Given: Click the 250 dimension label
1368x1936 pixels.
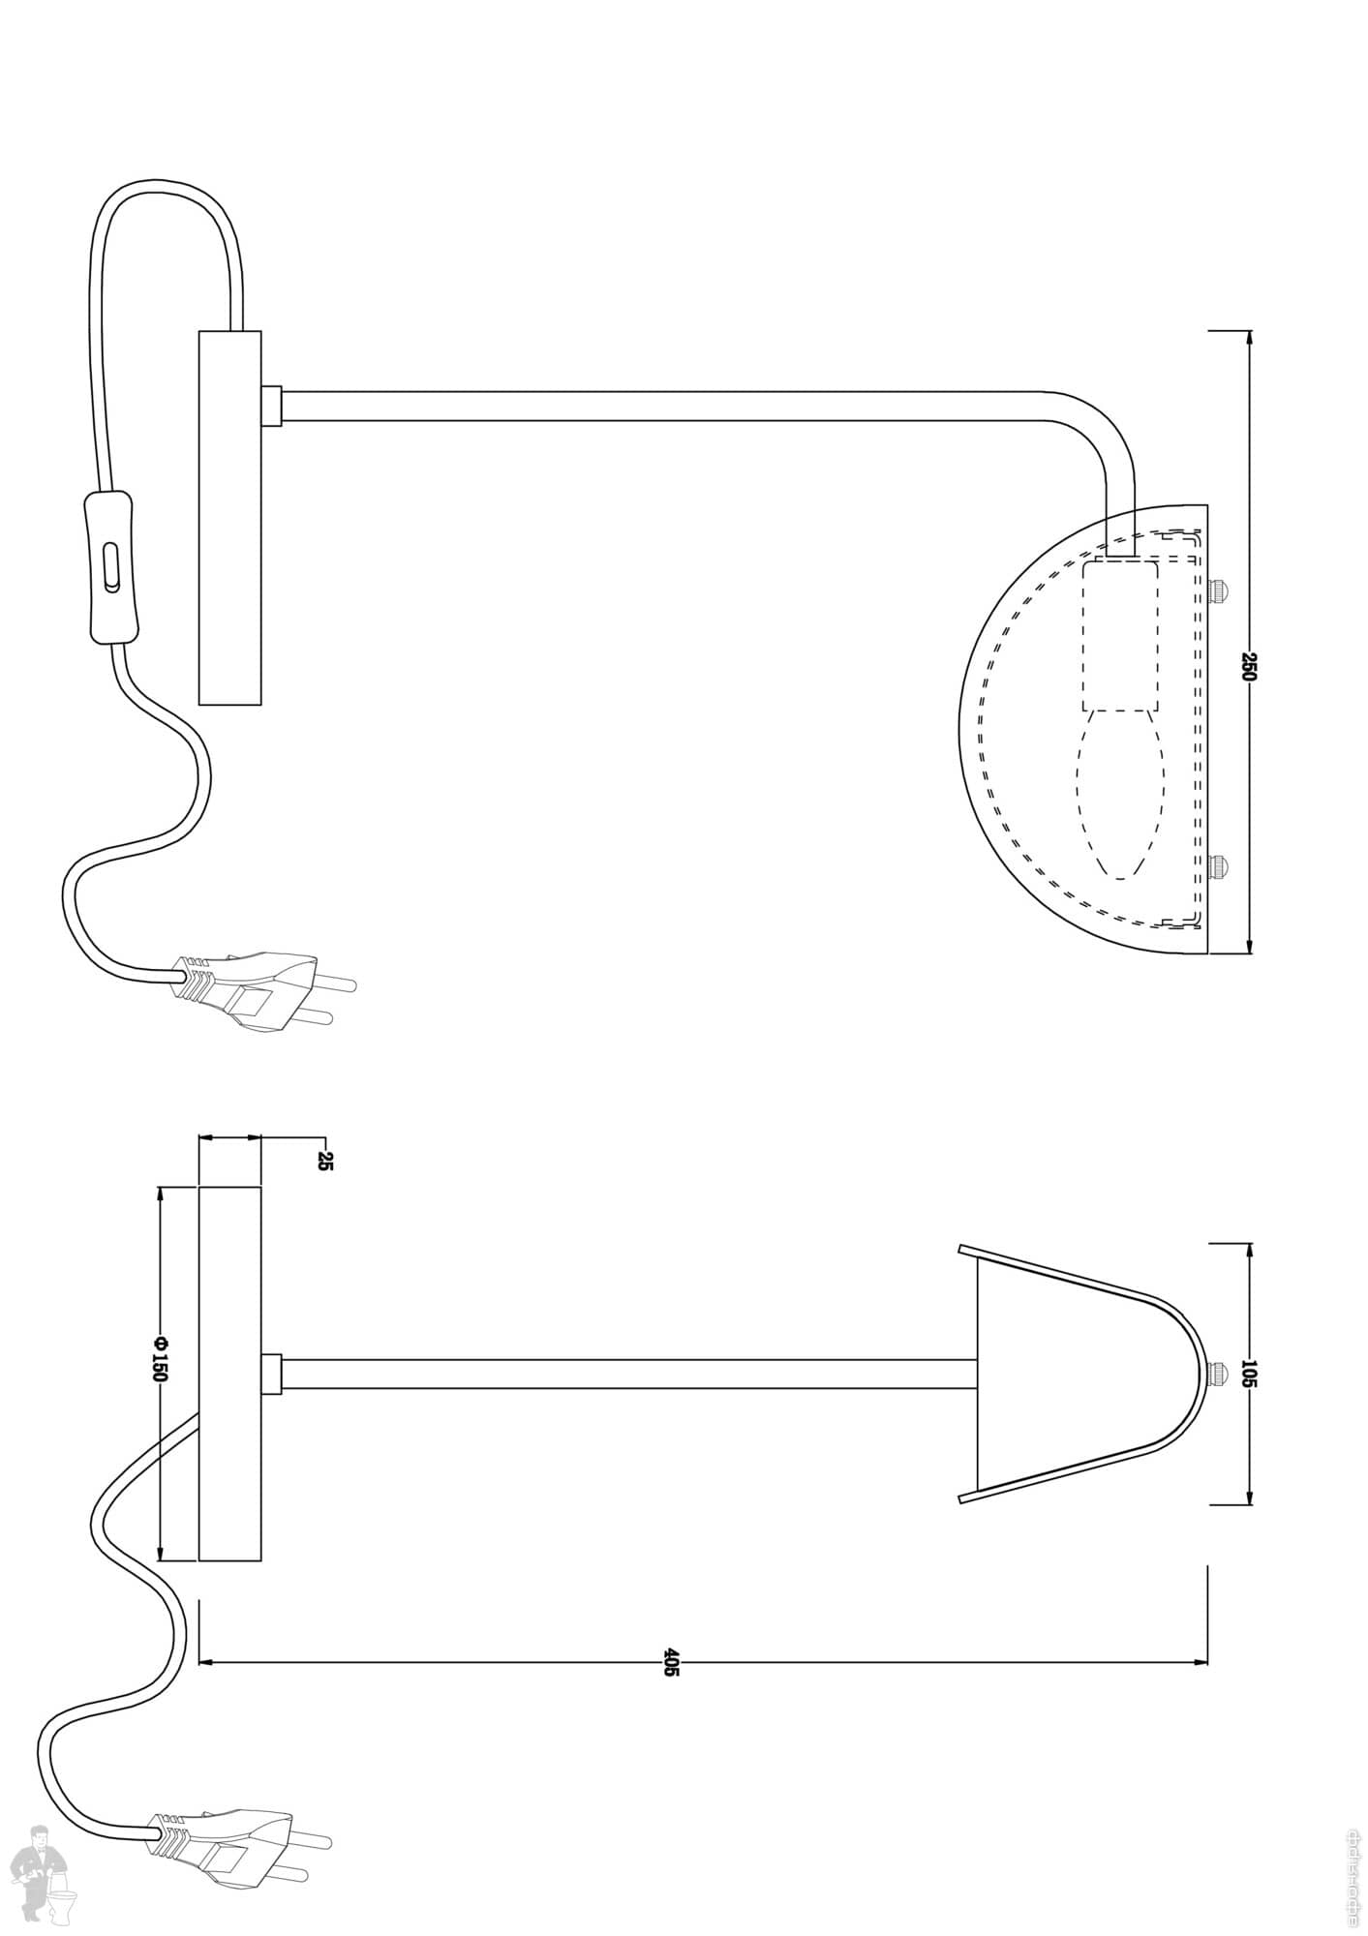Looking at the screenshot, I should point(1248,667).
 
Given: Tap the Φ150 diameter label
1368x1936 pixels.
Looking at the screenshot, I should point(161,1359).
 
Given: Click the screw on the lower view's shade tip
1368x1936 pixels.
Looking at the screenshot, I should point(1219,1374).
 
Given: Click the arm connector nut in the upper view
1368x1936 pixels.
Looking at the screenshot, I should point(271,407).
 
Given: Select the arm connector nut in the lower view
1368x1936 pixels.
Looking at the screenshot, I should point(271,1374).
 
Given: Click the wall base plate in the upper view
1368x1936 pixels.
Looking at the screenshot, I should point(229,517).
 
